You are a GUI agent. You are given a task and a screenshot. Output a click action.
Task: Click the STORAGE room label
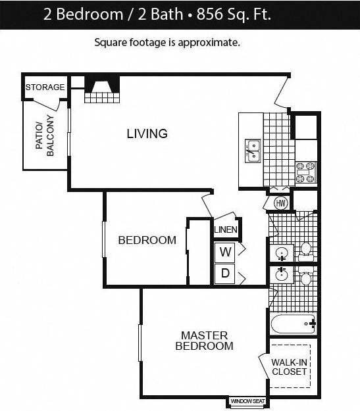tap(45, 87)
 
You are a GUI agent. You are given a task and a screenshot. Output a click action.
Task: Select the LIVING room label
tap(147, 133)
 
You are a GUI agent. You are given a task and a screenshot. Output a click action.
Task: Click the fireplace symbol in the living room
tap(102, 88)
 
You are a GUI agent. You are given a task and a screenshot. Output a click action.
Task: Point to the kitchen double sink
tap(253, 151)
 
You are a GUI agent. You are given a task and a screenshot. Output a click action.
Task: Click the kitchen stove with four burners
tap(305, 172)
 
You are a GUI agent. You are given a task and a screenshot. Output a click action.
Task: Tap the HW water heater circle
tap(279, 203)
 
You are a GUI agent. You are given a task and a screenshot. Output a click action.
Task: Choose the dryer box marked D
tap(225, 274)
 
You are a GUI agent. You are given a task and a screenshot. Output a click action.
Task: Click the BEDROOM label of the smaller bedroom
tap(147, 240)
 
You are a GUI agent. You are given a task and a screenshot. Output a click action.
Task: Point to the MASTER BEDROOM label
tap(204, 341)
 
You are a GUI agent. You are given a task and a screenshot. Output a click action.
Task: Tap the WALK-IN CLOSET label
tap(290, 367)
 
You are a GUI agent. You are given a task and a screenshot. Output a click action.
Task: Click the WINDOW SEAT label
tap(247, 400)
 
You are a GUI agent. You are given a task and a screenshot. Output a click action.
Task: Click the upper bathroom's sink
tap(282, 253)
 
